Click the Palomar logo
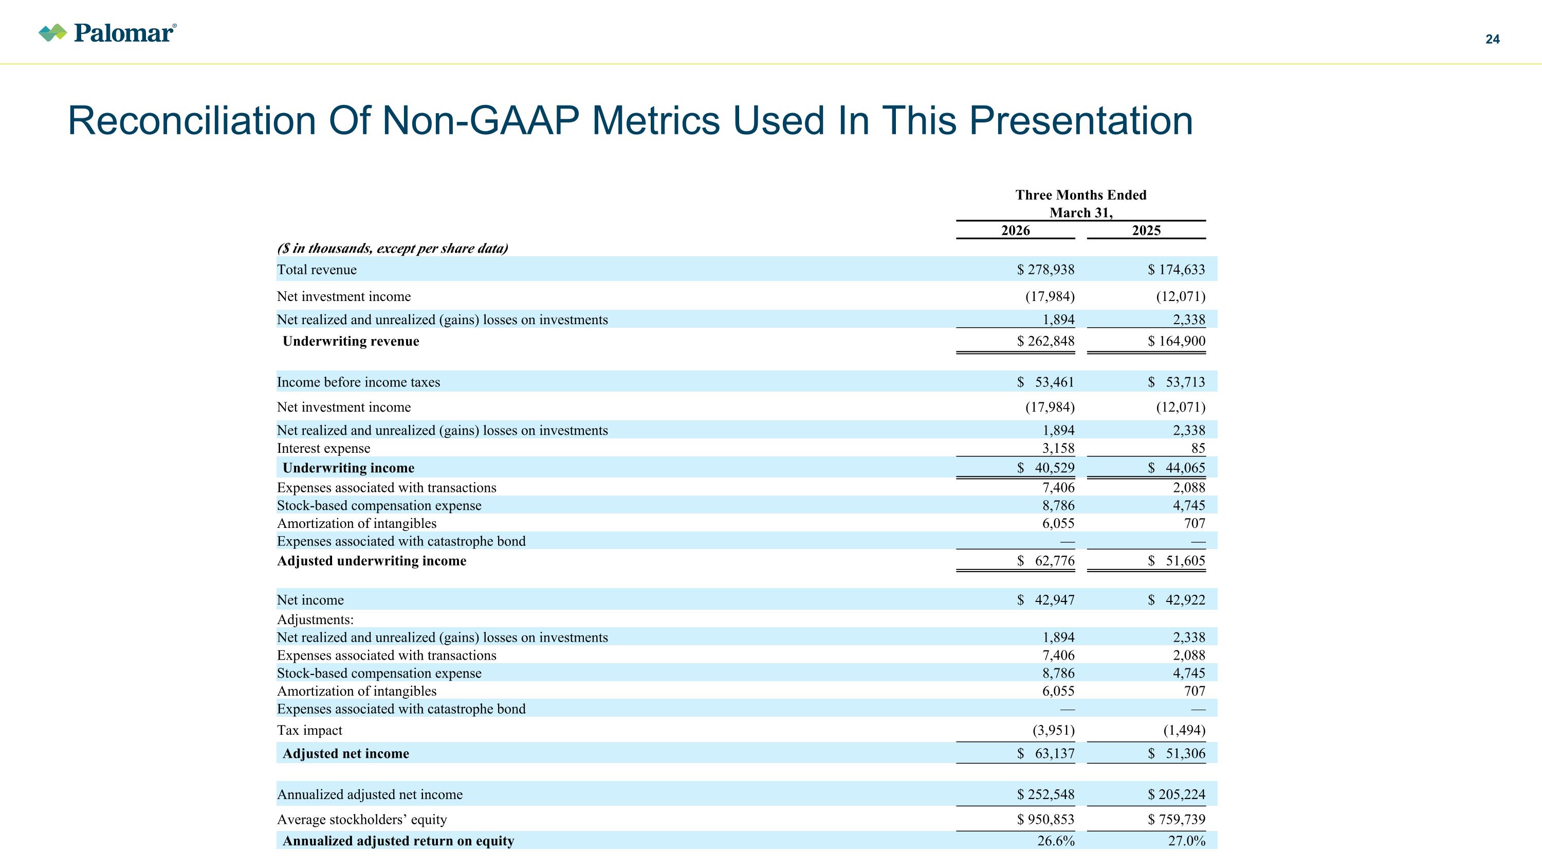pyautogui.click(x=108, y=33)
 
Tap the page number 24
pyautogui.click(x=1492, y=40)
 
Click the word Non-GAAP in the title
pyautogui.click(x=481, y=121)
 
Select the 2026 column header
pyautogui.click(x=1015, y=231)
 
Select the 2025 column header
pyautogui.click(x=1146, y=231)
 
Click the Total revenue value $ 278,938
pyautogui.click(x=1046, y=270)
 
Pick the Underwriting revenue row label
pyautogui.click(x=351, y=342)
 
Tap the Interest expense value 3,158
pyautogui.click(x=1058, y=448)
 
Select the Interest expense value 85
pyautogui.click(x=1198, y=448)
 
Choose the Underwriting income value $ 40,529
pyautogui.click(x=1046, y=468)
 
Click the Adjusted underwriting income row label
pyautogui.click(x=372, y=561)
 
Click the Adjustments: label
pyautogui.click(x=316, y=619)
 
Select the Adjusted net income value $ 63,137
pyautogui.click(x=1046, y=754)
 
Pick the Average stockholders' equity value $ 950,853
pyautogui.click(x=1046, y=820)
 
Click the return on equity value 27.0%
pyautogui.click(x=1187, y=841)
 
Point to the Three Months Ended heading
pyautogui.click(x=1081, y=196)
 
